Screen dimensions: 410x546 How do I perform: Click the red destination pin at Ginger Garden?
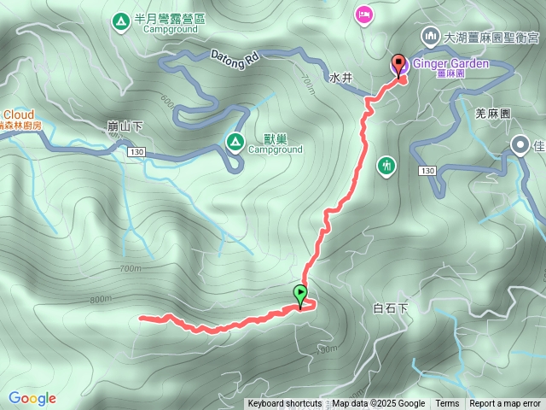pyautogui.click(x=398, y=64)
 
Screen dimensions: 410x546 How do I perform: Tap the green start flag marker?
pyautogui.click(x=301, y=295)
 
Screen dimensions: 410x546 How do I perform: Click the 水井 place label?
pyautogui.click(x=340, y=78)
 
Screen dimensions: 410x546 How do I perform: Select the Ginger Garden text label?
pyautogui.click(x=450, y=63)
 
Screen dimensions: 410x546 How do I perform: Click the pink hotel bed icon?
pyautogui.click(x=364, y=14)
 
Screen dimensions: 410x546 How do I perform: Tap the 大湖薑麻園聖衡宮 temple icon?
pyautogui.click(x=429, y=37)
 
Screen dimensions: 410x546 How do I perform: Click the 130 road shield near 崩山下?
pyautogui.click(x=136, y=152)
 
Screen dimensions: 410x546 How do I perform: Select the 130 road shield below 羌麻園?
pyautogui.click(x=428, y=172)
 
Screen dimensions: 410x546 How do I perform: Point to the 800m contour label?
pyautogui.click(x=100, y=299)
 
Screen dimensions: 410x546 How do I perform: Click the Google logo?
pyautogui.click(x=32, y=398)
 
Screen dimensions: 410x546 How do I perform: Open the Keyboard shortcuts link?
pyautogui.click(x=284, y=404)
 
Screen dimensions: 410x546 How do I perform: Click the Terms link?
pyautogui.click(x=447, y=404)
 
